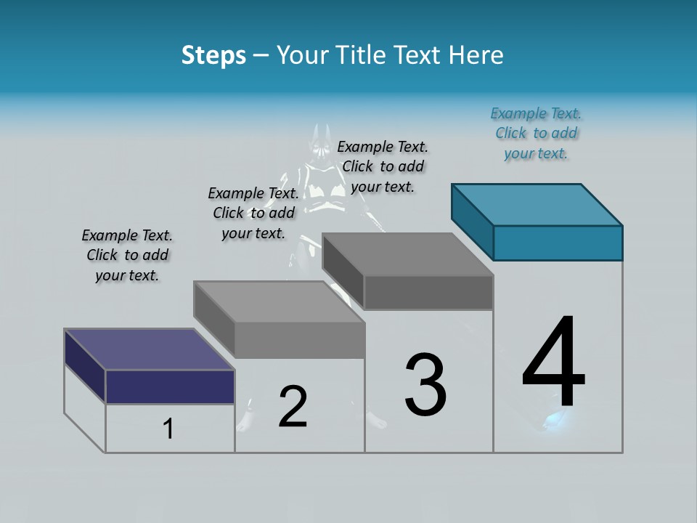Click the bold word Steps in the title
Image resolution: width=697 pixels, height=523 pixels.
pyautogui.click(x=213, y=55)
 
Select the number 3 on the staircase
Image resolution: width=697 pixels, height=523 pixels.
pyautogui.click(x=425, y=385)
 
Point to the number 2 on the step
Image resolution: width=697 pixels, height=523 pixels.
pyautogui.click(x=293, y=407)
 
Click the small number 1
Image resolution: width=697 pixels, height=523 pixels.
pyautogui.click(x=168, y=429)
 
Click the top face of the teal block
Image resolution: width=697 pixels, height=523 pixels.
pyautogui.click(x=537, y=204)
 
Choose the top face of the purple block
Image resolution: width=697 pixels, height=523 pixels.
pyautogui.click(x=149, y=349)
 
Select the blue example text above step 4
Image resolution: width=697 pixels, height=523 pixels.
pyautogui.click(x=536, y=133)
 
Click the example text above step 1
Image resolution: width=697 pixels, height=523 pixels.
pyautogui.click(x=127, y=255)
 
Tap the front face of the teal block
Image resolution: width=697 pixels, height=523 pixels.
pyautogui.click(x=558, y=243)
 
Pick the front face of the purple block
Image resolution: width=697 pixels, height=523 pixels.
pyautogui.click(x=170, y=386)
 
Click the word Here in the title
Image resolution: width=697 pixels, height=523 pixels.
pyautogui.click(x=477, y=55)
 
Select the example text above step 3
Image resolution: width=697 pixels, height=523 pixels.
pyautogui.click(x=383, y=166)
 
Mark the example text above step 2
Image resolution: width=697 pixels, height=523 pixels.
pyautogui.click(x=253, y=213)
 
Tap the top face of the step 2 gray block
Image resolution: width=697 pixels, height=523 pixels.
pyautogui.click(x=279, y=301)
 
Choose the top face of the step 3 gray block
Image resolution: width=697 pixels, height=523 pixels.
pyautogui.click(x=407, y=254)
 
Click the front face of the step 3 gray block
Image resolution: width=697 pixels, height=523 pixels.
pyautogui.click(x=428, y=293)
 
